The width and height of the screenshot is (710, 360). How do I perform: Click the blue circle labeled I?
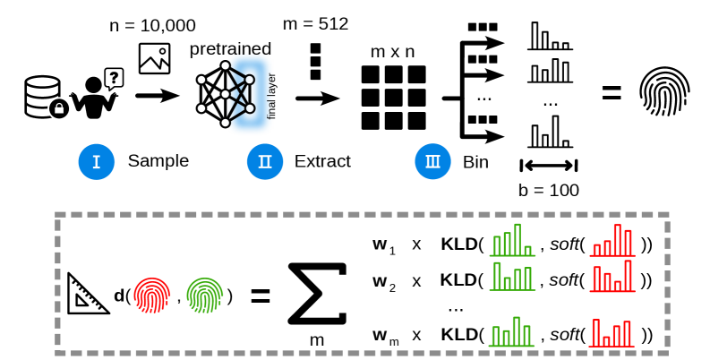97,162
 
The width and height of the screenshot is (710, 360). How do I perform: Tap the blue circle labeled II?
265,162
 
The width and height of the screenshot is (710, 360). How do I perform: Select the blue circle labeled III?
432,162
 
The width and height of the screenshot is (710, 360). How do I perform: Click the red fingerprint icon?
152,295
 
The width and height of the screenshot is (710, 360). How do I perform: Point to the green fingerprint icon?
205,295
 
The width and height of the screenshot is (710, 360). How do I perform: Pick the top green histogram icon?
512,240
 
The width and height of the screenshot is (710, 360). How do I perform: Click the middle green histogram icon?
512,276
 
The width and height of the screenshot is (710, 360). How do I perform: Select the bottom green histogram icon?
511,331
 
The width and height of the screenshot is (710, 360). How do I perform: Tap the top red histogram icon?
612,240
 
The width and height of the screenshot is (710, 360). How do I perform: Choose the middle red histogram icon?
612,276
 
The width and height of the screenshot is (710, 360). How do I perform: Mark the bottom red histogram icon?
612,332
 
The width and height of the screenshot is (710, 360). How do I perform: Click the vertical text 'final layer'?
270,96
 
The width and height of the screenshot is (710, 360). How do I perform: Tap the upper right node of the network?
250,80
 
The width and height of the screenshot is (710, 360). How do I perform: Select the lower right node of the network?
250,108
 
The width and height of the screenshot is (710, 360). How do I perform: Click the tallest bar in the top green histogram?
518,239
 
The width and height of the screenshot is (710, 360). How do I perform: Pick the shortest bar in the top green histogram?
527,251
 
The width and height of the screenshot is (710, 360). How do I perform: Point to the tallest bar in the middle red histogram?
628,275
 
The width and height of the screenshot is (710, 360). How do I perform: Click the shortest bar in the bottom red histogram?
606,340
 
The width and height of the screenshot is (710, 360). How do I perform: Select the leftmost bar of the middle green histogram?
497,276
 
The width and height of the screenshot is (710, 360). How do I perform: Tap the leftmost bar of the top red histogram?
596,250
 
